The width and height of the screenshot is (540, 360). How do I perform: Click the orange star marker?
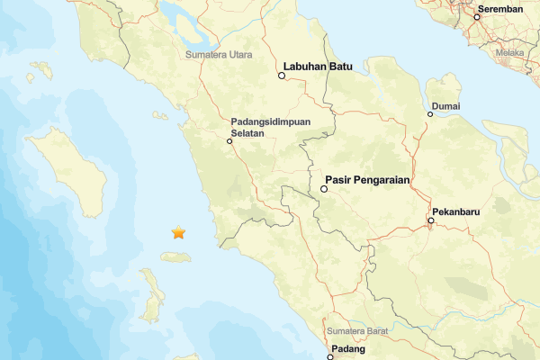coord(178,233)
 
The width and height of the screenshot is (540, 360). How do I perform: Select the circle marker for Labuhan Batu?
coord(282,76)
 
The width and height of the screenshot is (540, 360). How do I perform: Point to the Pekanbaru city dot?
coord(431,220)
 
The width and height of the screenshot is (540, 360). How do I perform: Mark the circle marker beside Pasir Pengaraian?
coord(324,190)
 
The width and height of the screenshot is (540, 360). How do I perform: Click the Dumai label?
coord(445,106)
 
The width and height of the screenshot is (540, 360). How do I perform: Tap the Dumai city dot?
coord(430,113)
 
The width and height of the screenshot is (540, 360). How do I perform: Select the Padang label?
coord(346,348)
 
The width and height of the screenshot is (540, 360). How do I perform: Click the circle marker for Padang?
coord(330,357)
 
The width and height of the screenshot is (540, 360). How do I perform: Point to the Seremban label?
coord(502,8)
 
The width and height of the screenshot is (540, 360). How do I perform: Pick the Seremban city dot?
coord(477,16)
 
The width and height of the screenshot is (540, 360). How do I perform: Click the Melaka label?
coord(510,53)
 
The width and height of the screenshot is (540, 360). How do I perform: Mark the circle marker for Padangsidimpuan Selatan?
coord(229,139)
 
